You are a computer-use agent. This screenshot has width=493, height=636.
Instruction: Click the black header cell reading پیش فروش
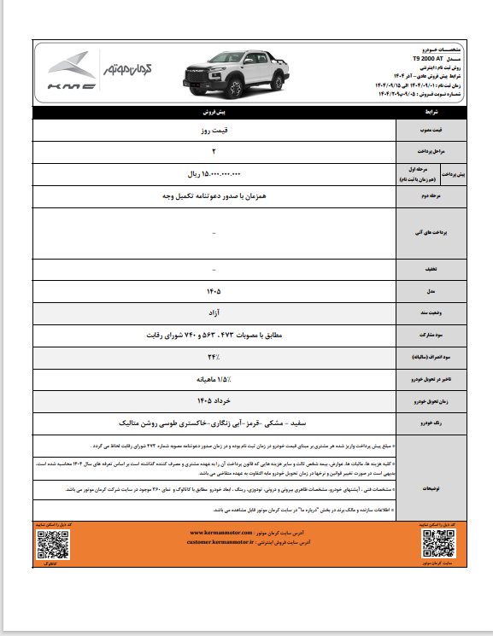pyautogui.click(x=213, y=112)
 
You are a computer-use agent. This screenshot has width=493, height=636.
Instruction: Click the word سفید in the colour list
pyautogui.click(x=296, y=422)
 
